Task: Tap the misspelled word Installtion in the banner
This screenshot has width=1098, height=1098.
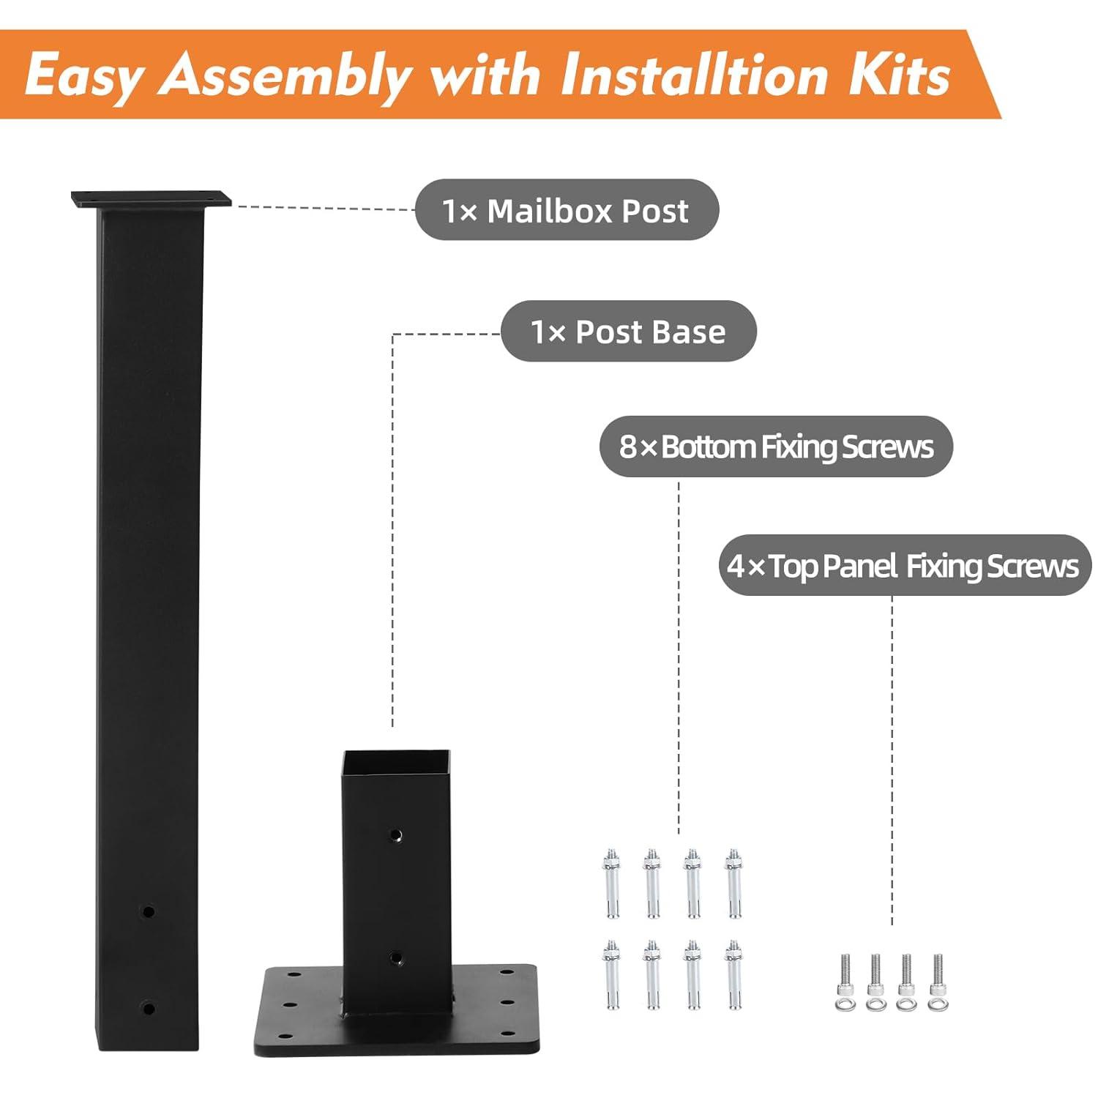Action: pyautogui.click(x=694, y=75)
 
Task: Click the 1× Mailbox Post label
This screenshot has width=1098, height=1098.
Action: pyautogui.click(x=566, y=211)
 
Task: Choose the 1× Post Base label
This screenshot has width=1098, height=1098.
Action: pyautogui.click(x=628, y=332)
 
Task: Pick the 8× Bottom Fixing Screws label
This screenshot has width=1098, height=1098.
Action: pyautogui.click(x=776, y=447)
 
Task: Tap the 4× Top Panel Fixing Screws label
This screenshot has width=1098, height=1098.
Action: pyautogui.click(x=903, y=566)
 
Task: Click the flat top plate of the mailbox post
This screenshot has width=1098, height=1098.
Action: pyautogui.click(x=151, y=199)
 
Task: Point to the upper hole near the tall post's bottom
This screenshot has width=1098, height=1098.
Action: pyautogui.click(x=149, y=912)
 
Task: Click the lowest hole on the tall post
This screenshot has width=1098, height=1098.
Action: pyautogui.click(x=149, y=1009)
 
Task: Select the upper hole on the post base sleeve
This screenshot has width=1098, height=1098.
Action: pyautogui.click(x=395, y=834)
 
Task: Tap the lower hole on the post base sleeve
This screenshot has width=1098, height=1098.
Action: pyautogui.click(x=395, y=957)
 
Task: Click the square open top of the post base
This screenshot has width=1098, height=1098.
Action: pyautogui.click(x=396, y=761)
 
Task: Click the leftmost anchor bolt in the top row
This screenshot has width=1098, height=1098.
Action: pyautogui.click(x=612, y=883)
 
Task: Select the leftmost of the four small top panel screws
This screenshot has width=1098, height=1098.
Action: pyautogui.click(x=845, y=982)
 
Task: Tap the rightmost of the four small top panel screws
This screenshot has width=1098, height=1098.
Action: pyautogui.click(x=938, y=982)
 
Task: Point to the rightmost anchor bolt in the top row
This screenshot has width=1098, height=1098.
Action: pyautogui.click(x=733, y=883)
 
